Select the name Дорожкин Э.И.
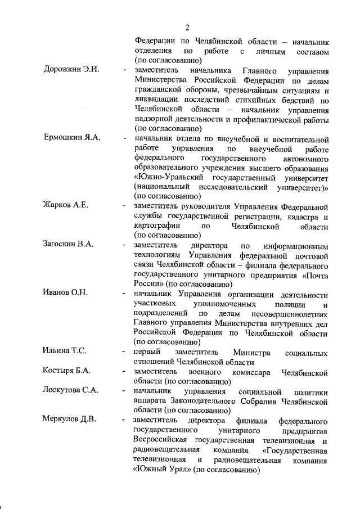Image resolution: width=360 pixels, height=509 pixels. pyautogui.click(x=71, y=70)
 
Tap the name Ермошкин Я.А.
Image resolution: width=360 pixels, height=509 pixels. pyautogui.click(x=71, y=139)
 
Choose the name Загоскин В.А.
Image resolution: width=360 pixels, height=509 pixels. pyautogui.click(x=68, y=245)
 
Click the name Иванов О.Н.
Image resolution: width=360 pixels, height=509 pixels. pyautogui.click(x=65, y=294)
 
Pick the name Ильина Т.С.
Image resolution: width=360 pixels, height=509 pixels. pyautogui.click(x=64, y=352)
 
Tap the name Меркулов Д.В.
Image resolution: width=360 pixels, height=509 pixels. pyautogui.click(x=70, y=420)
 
